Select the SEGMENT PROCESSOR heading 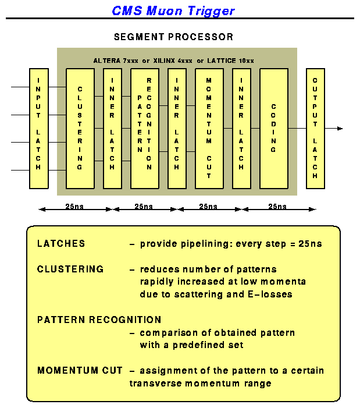coord(173,37)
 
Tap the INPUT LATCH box coord(39,128)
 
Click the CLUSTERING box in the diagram coord(80,128)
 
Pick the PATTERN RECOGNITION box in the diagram coord(144,128)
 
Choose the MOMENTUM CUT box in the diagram coord(209,128)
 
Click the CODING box coord(273,128)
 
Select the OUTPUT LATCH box coord(315,128)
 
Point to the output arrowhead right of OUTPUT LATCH coord(340,128)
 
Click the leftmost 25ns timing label coord(76,207)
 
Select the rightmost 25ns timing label coord(277,207)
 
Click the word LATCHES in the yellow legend coord(61,243)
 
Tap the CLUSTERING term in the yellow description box coord(70,269)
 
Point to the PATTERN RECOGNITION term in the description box coord(99,320)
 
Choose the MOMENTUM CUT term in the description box coord(80,371)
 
